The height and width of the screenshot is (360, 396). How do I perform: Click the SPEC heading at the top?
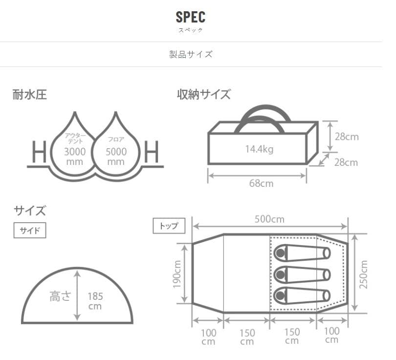coord(191,17)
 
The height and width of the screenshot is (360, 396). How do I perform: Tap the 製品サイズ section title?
coord(191,54)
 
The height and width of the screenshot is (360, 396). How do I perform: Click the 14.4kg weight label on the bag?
coord(260,149)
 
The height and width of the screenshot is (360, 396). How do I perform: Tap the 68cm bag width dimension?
coord(261,183)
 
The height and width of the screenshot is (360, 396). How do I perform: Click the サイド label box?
coord(30,230)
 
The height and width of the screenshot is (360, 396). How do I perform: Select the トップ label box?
coord(169,225)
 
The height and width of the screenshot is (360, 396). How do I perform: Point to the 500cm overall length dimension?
coord(269,219)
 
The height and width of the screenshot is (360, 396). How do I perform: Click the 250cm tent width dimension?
coord(363,274)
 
